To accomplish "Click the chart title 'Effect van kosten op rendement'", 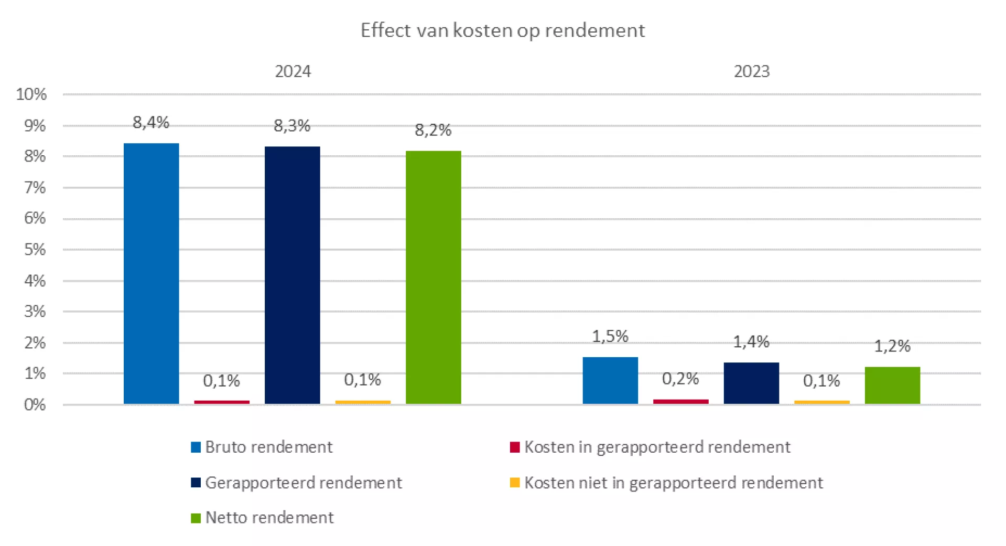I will click(x=502, y=30).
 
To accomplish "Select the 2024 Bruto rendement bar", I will click(x=151, y=273).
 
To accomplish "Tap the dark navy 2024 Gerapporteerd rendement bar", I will click(x=292, y=275).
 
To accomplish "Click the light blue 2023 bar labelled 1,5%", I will click(x=610, y=380).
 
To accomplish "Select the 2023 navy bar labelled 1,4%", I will click(x=751, y=383).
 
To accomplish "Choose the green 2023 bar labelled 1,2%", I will click(x=892, y=385).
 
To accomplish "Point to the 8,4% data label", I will click(x=151, y=123).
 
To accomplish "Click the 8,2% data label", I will click(x=433, y=130).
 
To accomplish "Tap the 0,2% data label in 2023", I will click(x=680, y=379).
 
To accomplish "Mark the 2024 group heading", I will click(x=293, y=71).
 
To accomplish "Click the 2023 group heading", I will click(x=751, y=71).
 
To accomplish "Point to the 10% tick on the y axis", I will click(x=31, y=94).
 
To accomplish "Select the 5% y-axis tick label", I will click(x=35, y=250).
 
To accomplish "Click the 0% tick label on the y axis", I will click(x=35, y=405).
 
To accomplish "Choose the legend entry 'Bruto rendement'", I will click(x=268, y=447).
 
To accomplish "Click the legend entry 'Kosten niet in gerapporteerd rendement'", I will click(x=673, y=483).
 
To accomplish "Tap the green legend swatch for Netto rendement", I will click(x=196, y=518).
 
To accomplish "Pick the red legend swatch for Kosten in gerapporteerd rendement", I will click(x=515, y=447).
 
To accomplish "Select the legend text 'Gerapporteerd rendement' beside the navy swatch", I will click(x=304, y=483).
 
